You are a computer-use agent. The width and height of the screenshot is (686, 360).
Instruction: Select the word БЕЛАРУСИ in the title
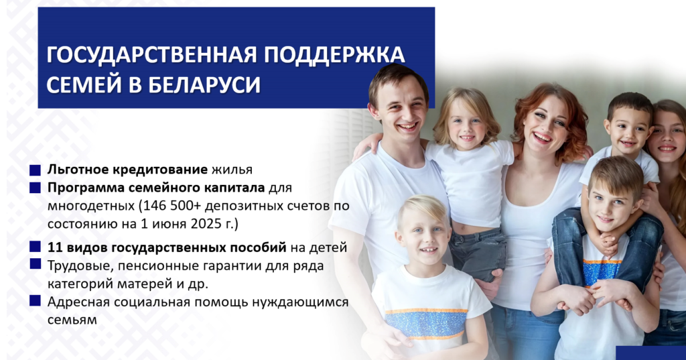(x=204, y=84)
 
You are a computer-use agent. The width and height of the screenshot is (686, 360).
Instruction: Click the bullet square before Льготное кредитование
(x=35, y=170)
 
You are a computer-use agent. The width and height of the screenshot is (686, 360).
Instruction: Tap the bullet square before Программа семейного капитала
(x=35, y=188)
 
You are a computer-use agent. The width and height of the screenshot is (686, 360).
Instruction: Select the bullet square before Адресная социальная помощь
(x=35, y=301)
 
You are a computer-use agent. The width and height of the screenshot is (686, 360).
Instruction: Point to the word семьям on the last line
(x=72, y=320)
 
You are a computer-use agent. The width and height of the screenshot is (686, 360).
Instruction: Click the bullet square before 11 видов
(x=35, y=247)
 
